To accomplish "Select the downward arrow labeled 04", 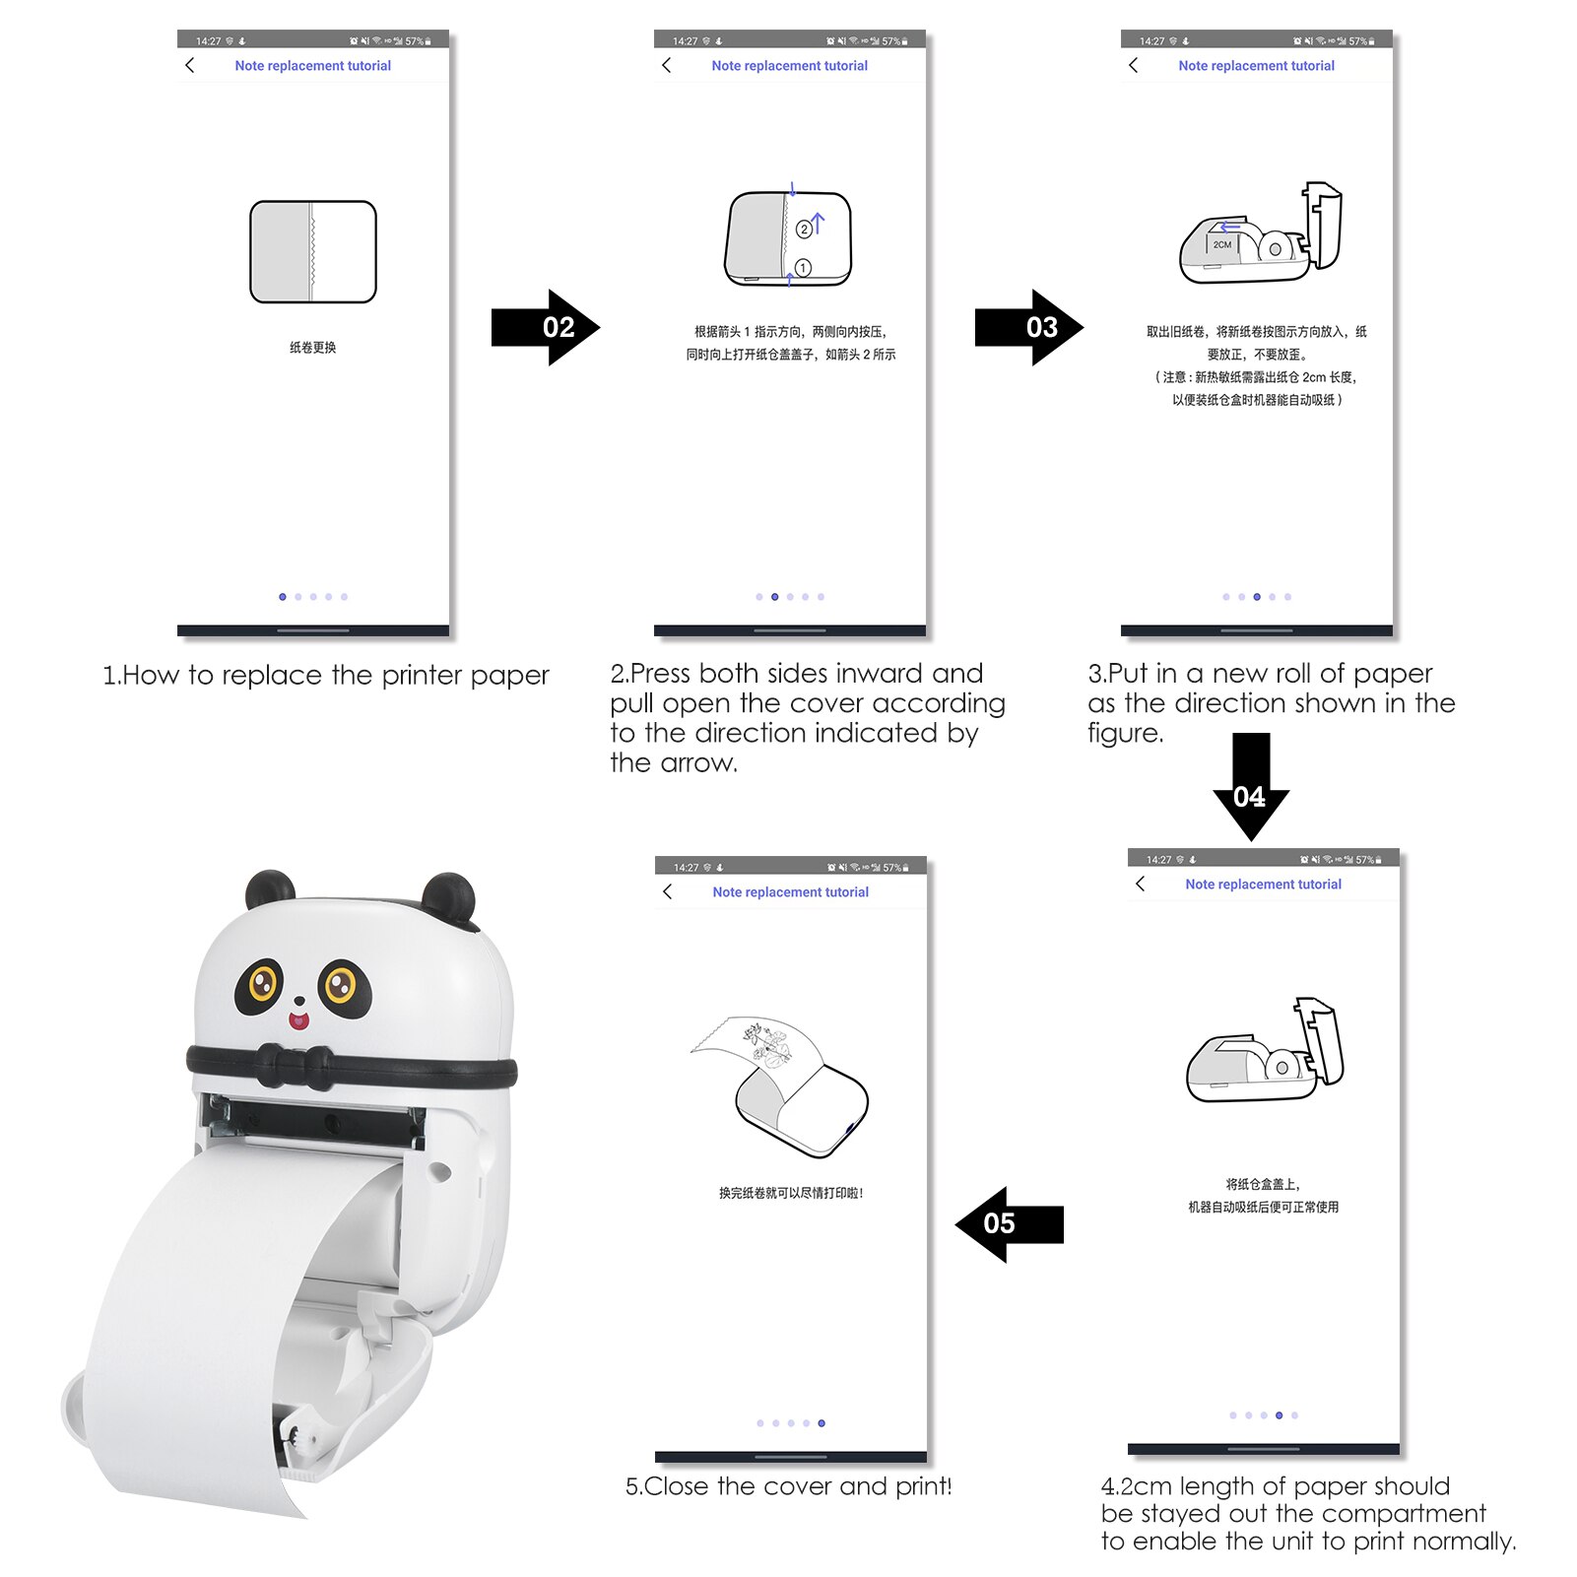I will click(x=1250, y=788).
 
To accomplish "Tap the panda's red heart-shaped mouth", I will click(x=297, y=1020).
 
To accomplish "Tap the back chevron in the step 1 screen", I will click(x=190, y=65).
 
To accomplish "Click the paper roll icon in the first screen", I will click(x=313, y=252).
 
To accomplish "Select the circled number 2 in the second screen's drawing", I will click(x=804, y=229).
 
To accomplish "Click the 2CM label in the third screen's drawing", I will click(x=1221, y=244).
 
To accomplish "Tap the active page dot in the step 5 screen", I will click(x=821, y=1423).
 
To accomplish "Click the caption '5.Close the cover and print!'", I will click(x=788, y=1485).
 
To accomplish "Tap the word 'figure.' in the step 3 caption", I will click(x=1125, y=733).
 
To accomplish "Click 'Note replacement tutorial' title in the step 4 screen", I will click(x=1263, y=885).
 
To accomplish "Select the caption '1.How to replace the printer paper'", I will click(x=325, y=676).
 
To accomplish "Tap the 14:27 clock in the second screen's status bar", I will click(x=685, y=41).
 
